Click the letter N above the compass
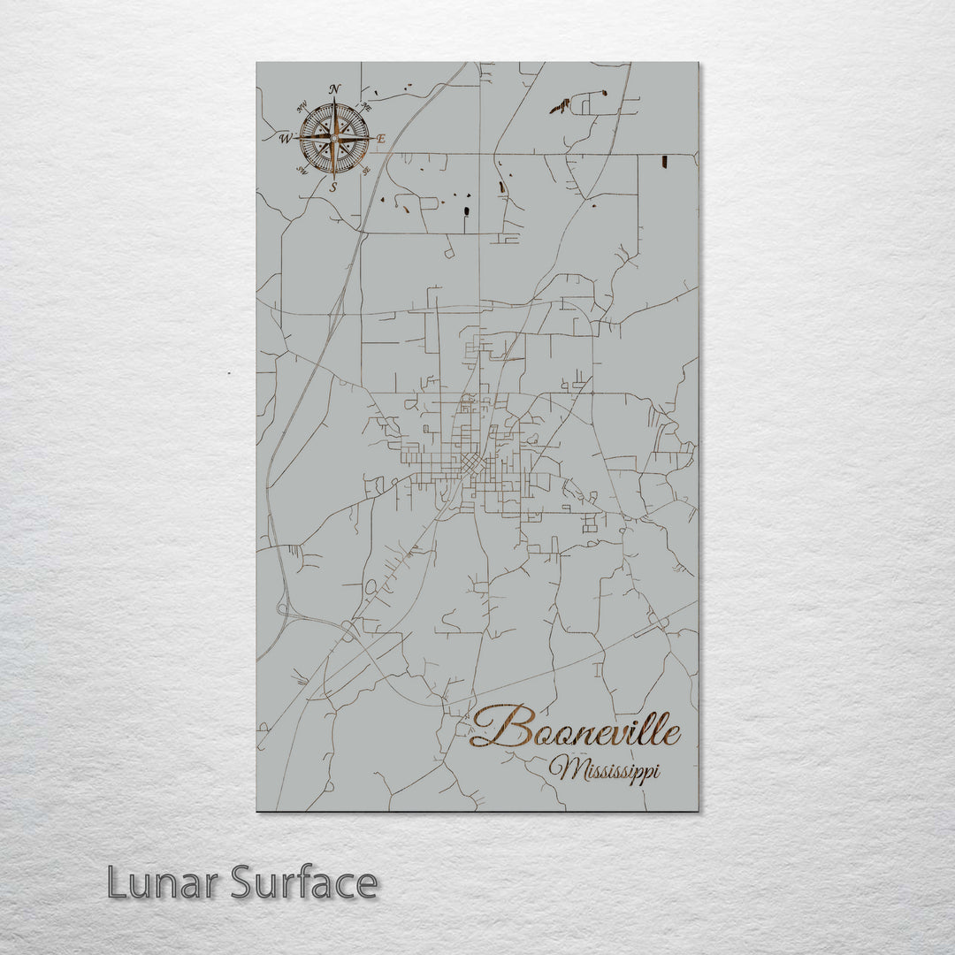(x=334, y=89)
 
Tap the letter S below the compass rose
(x=333, y=187)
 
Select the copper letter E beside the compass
(x=382, y=139)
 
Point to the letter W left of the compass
(x=286, y=139)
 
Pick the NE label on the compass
(x=366, y=106)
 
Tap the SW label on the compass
(x=302, y=170)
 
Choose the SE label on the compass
(x=365, y=171)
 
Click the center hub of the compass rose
(x=334, y=137)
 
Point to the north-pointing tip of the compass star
(x=334, y=104)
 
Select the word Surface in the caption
(x=304, y=883)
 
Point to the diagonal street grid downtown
(x=474, y=463)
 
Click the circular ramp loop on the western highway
(x=284, y=607)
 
